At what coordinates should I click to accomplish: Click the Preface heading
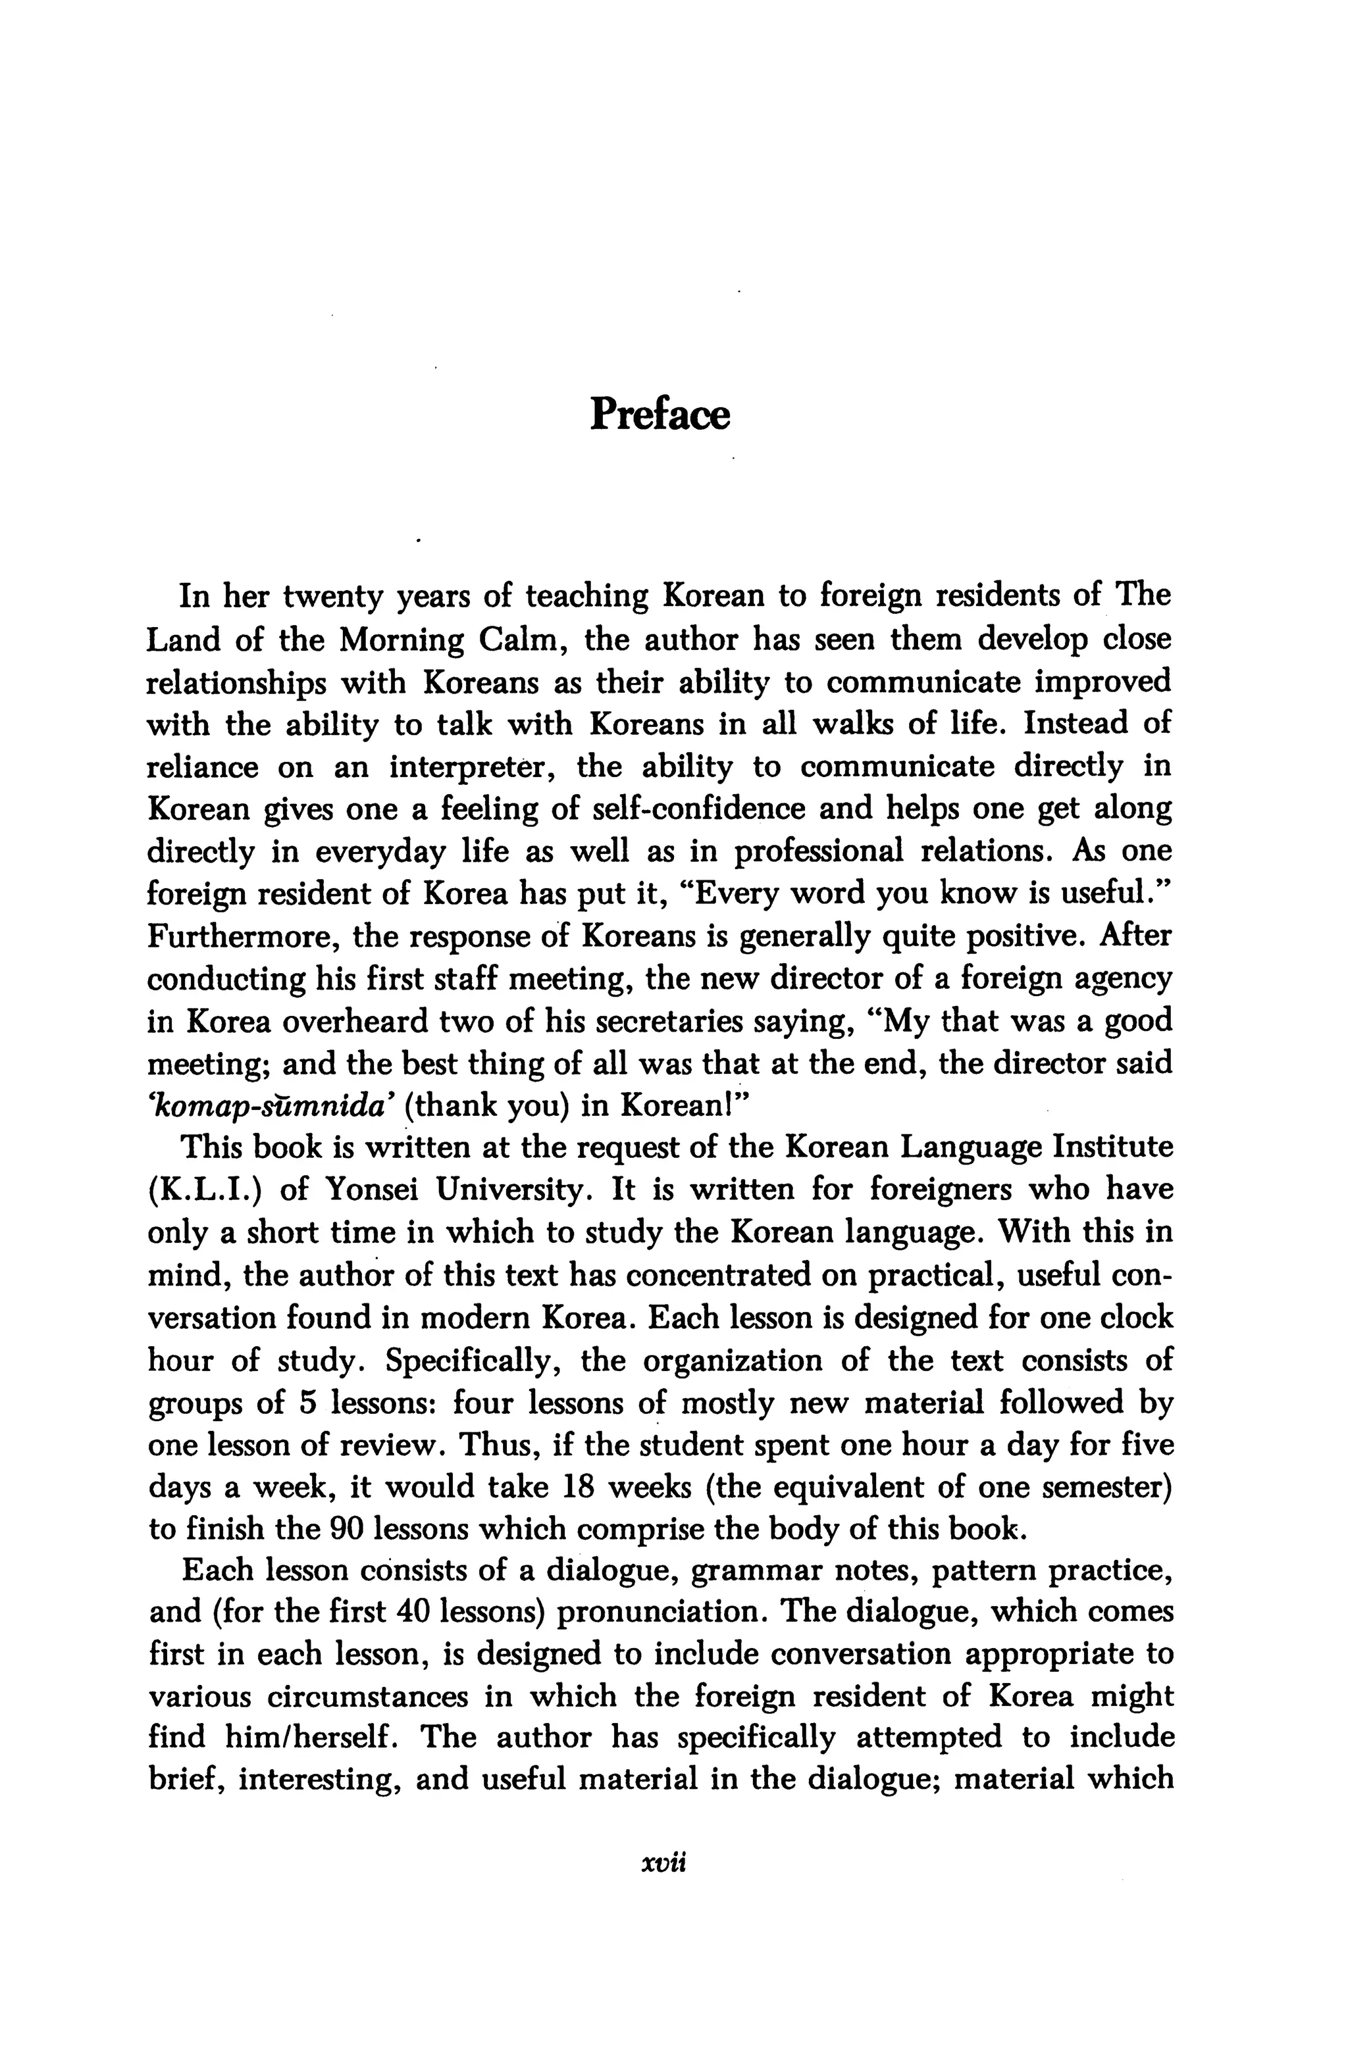(660, 414)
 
